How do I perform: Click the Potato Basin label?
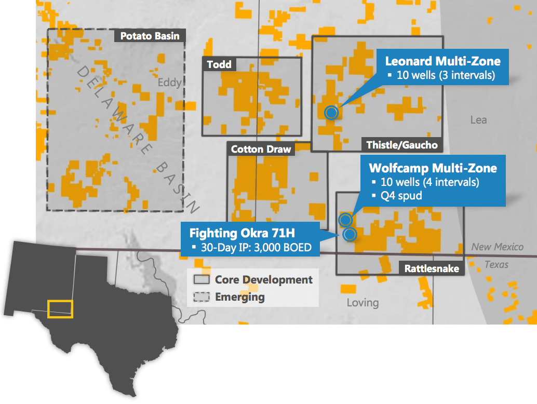point(150,36)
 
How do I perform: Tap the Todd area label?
point(219,64)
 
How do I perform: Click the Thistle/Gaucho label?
point(402,145)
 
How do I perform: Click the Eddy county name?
point(170,83)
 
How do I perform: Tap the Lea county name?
point(478,120)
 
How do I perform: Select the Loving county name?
point(363,302)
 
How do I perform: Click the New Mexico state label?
point(497,247)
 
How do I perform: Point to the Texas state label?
point(496,264)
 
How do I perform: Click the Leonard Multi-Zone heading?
point(442,61)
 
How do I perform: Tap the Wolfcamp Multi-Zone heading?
point(433,168)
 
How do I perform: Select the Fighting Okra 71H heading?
point(242,233)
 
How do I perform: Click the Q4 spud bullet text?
point(400,196)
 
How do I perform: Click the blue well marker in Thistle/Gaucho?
point(331,112)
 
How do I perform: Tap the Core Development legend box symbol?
point(202,280)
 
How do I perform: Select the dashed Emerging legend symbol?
point(202,298)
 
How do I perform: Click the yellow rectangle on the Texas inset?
point(60,308)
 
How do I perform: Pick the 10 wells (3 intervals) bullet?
point(445,75)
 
